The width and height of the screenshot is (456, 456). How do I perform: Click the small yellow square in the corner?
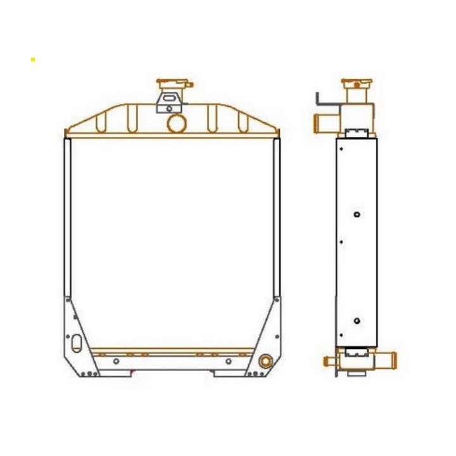(33, 60)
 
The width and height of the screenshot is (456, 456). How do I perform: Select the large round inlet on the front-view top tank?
(177, 122)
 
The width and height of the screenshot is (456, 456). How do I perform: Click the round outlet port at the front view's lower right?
(265, 362)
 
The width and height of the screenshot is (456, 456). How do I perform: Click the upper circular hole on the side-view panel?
(357, 215)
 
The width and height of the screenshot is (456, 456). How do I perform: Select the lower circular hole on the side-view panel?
(357, 321)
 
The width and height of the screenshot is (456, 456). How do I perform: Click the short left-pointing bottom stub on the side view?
(330, 361)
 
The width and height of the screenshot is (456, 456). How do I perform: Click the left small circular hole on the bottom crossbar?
(116, 361)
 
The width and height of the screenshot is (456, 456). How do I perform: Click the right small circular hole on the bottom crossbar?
(228, 361)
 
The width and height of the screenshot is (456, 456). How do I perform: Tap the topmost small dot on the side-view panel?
(341, 149)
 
